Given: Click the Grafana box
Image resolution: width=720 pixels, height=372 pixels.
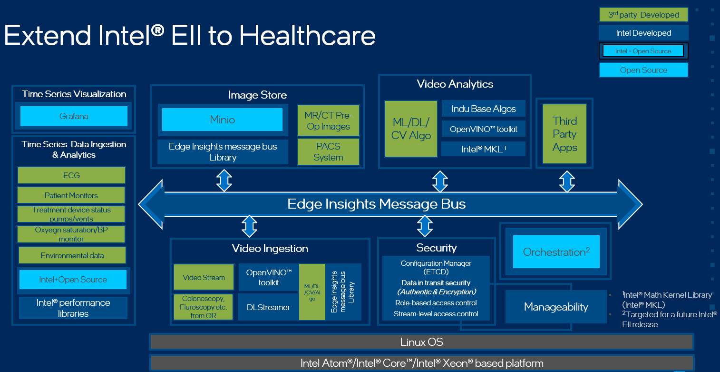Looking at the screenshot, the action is coord(74,116).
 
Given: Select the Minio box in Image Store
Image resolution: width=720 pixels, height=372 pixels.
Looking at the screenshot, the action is coord(223,120).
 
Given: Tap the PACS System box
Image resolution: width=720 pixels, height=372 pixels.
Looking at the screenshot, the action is coord(328,152).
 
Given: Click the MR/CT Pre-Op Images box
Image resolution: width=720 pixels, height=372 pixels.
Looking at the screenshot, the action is coord(328,121).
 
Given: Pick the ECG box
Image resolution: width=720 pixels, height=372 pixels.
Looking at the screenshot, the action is coord(71,175).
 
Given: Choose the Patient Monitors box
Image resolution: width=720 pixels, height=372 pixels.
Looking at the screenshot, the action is coord(71,195).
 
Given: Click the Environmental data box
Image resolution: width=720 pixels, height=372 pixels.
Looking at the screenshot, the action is coord(72,255).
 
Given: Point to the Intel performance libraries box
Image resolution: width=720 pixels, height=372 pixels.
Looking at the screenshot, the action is coord(73,308).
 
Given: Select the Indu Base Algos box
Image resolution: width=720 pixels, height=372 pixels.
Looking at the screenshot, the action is coord(484,109).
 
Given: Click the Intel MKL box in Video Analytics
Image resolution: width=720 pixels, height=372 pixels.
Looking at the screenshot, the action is coord(484,149).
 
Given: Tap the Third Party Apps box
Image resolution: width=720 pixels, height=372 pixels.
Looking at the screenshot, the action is coord(565,134).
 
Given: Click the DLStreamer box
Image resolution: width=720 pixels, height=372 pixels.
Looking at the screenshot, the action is coord(268,307).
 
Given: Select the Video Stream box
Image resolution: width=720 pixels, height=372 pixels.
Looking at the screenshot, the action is coord(204,277).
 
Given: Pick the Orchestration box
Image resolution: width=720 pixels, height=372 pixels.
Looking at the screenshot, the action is coord(556,251).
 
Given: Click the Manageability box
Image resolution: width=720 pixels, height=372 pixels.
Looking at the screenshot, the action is coord(556,307).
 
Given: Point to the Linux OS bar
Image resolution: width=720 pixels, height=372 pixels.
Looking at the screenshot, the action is coord(421,342).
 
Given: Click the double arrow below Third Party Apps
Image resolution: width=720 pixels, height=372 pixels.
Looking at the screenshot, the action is coord(567,181).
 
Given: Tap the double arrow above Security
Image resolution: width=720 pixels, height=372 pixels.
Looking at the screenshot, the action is coord(425,226).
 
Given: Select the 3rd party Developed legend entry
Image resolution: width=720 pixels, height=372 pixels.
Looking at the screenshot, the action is coord(643,15).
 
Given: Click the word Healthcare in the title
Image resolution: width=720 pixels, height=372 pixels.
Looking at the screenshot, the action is coord(307,35).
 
